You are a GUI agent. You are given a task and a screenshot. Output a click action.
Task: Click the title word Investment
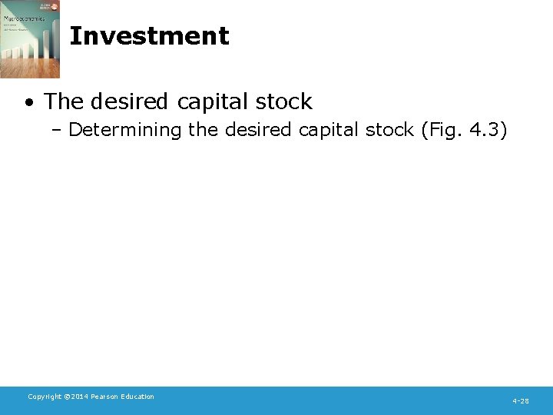pos(149,36)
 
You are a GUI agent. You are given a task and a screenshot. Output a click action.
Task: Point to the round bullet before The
pos(28,102)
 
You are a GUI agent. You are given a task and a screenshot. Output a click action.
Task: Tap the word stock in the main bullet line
pos(285,101)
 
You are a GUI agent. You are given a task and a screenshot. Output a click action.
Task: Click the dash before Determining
pos(58,130)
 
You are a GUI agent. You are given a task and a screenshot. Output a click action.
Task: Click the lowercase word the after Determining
pos(203,130)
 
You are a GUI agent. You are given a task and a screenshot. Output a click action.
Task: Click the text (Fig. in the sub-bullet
pos(442,131)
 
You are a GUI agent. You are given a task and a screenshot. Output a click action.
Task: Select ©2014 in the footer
pos(77,397)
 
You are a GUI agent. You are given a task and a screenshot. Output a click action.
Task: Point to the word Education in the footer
pos(138,397)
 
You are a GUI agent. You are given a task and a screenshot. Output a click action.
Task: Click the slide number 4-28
pos(521,401)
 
